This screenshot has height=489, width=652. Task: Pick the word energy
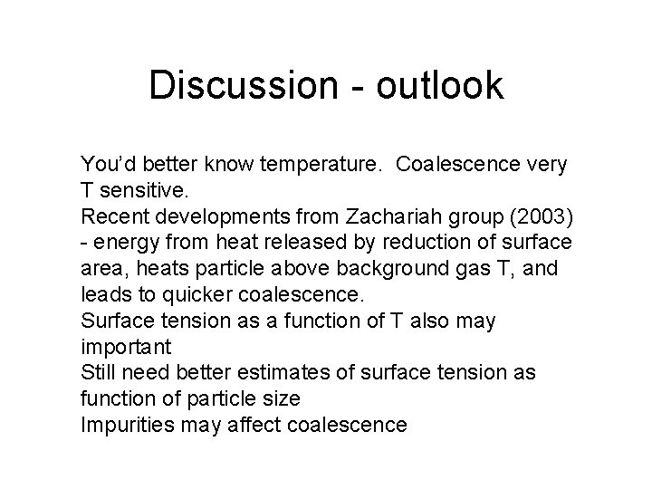click(x=123, y=244)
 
